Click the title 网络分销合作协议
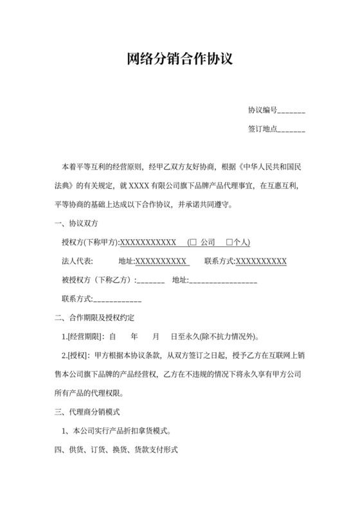coord(179,60)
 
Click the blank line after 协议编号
coord(291,111)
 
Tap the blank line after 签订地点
coord(291,129)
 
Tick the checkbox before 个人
coord(230,243)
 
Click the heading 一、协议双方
coord(75,224)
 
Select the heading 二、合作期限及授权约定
coord(98,317)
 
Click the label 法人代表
coord(77,262)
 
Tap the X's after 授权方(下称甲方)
coord(148,243)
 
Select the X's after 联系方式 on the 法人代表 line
coord(261,262)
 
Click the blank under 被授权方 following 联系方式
coord(118,299)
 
